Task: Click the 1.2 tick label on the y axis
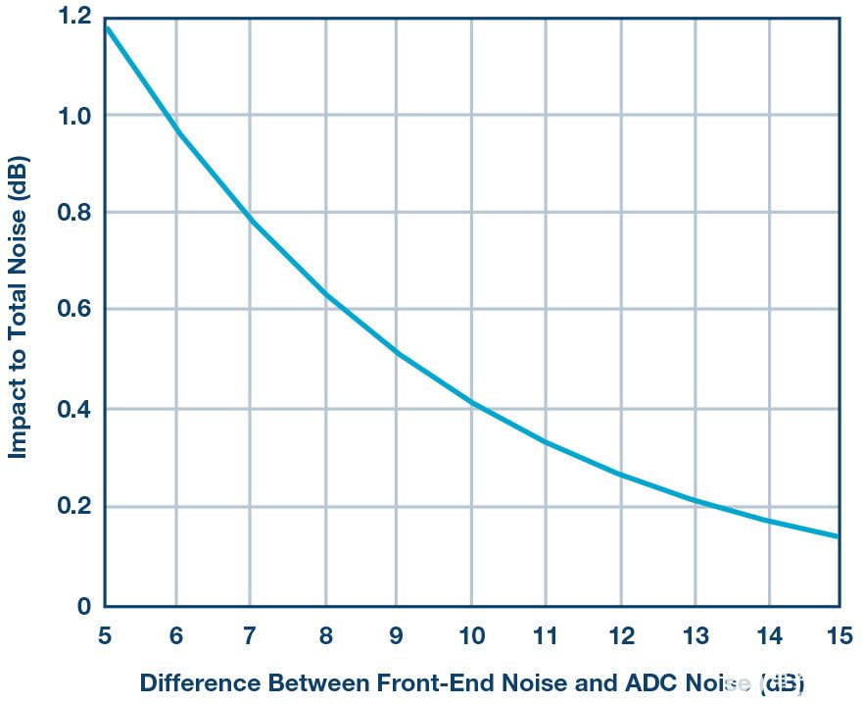[x=72, y=17]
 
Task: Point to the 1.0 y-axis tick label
[x=72, y=115]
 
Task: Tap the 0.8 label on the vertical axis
[x=72, y=213]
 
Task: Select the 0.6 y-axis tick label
[x=72, y=310]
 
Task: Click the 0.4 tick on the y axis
[x=72, y=409]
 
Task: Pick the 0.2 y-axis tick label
[x=72, y=507]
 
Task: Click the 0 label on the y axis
[x=84, y=607]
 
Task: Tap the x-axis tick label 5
[x=105, y=635]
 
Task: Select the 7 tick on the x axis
[x=251, y=635]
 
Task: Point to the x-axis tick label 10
[x=470, y=635]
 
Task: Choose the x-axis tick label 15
[x=839, y=635]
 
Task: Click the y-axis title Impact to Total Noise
[x=18, y=307]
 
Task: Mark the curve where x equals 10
[x=471, y=403]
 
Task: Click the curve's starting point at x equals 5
[x=106, y=25]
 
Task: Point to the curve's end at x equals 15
[x=838, y=536]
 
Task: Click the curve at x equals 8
[x=325, y=294]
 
